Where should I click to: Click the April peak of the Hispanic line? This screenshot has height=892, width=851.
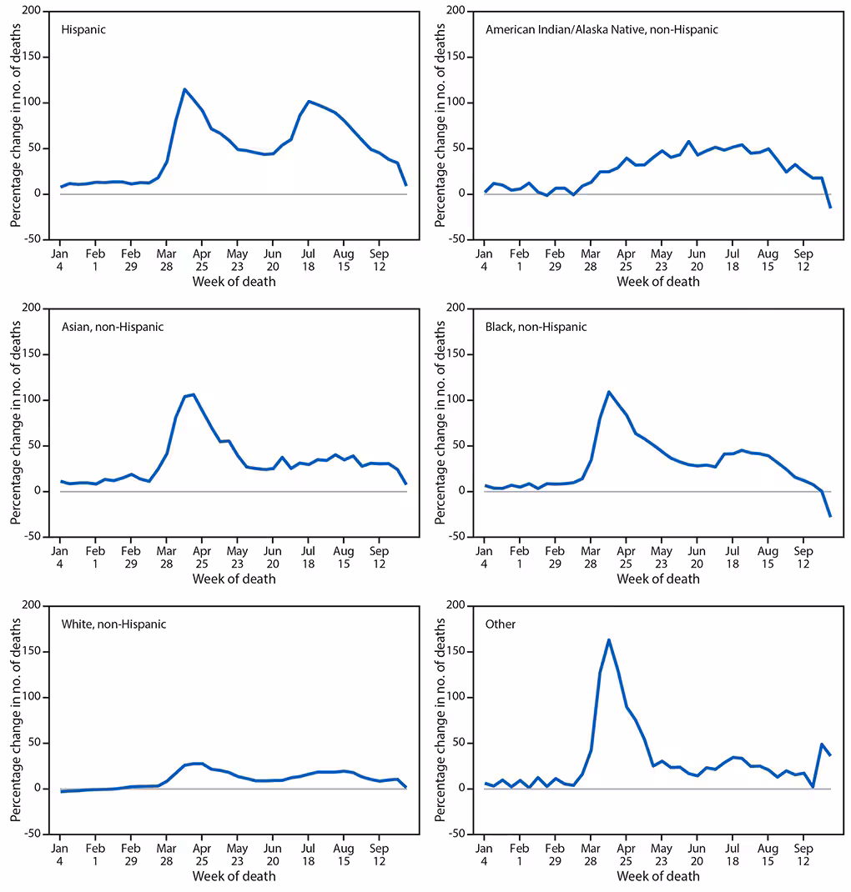coord(184,89)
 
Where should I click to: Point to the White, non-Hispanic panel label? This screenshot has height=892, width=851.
coord(114,624)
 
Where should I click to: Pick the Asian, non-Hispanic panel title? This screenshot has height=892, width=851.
coord(113,327)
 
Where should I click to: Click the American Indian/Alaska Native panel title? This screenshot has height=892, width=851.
coord(602,29)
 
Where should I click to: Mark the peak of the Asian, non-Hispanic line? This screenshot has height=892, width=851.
coord(194,394)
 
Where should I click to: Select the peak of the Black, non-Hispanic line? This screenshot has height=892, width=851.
coord(609,391)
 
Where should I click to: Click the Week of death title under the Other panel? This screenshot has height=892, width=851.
coord(658,876)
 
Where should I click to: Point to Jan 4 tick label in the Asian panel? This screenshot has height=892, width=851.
coord(59,557)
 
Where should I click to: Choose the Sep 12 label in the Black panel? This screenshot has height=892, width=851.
coord(803,557)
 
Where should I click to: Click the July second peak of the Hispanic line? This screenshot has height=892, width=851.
coord(309,102)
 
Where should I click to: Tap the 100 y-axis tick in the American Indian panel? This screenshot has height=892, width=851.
coord(460,103)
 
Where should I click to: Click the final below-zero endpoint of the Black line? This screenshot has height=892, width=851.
coord(830,516)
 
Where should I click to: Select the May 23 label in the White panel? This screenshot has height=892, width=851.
coord(237,854)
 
